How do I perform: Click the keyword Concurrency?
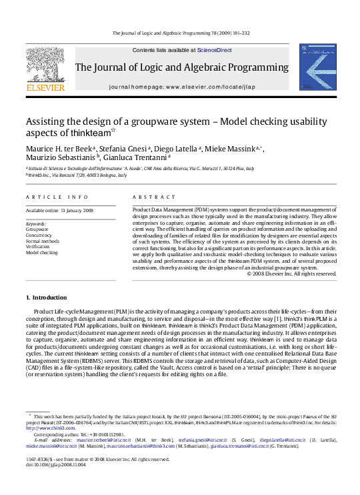[39, 235]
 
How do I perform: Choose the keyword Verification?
[39, 247]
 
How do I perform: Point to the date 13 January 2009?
[78, 210]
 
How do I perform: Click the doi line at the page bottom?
[57, 465]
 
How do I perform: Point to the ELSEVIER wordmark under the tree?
[45, 87]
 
